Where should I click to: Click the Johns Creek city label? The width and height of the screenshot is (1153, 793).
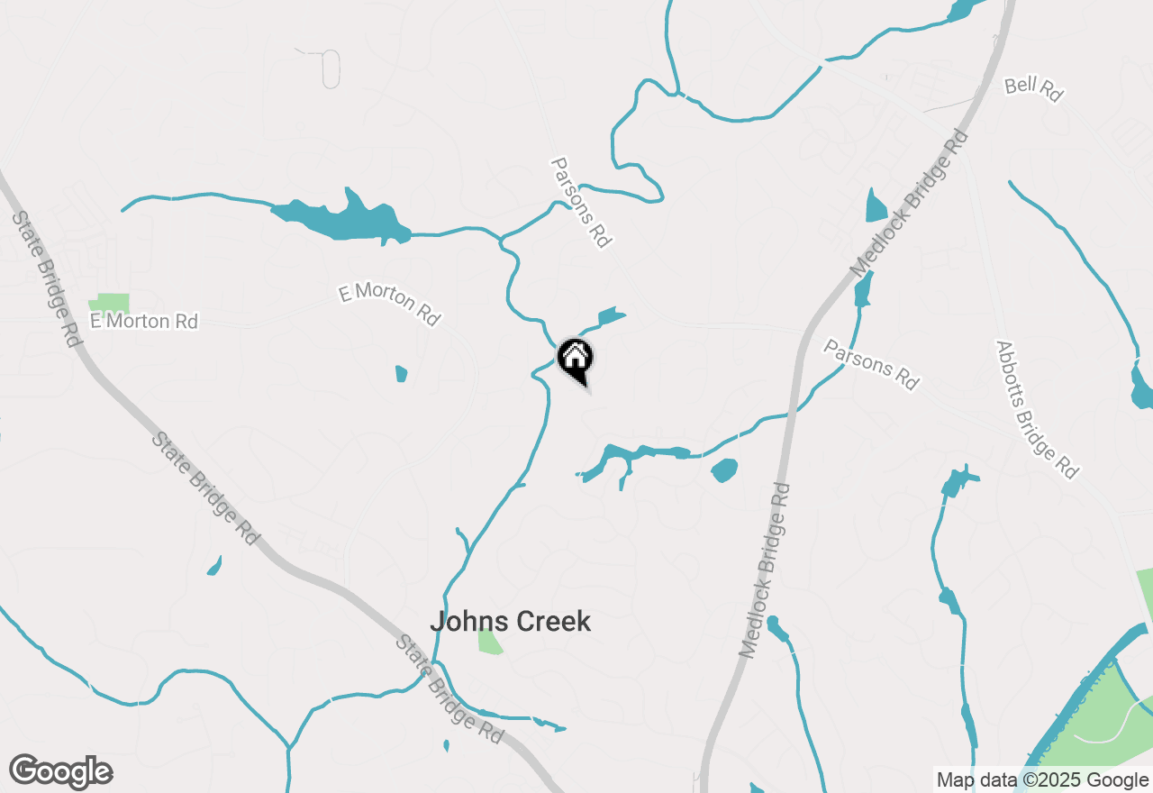tap(510, 622)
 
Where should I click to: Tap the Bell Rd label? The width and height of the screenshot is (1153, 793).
tap(1033, 89)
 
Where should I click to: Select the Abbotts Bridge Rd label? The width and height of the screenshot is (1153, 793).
tap(1036, 409)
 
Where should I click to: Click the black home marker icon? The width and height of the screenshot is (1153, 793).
tap(575, 360)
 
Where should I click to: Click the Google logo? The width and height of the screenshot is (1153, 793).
tap(60, 772)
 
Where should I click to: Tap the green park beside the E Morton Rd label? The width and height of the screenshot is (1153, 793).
tap(109, 304)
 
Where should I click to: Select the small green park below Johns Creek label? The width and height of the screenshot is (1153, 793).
tap(489, 642)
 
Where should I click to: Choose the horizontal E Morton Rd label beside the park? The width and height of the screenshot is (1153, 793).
tap(144, 322)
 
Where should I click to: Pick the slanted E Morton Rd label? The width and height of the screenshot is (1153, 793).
tap(389, 304)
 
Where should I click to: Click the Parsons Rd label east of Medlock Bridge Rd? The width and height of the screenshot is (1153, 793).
tap(871, 364)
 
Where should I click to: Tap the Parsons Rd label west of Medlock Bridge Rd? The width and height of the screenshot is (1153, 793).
tap(581, 203)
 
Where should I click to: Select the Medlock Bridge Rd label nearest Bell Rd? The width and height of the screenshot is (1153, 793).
tap(910, 204)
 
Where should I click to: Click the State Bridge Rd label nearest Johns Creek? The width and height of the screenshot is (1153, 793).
tap(449, 689)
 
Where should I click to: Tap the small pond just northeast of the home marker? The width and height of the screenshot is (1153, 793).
tap(610, 316)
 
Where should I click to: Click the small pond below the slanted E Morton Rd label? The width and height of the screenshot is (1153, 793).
tap(401, 373)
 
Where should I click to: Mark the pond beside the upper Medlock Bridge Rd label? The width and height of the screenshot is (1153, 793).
tap(876, 207)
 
